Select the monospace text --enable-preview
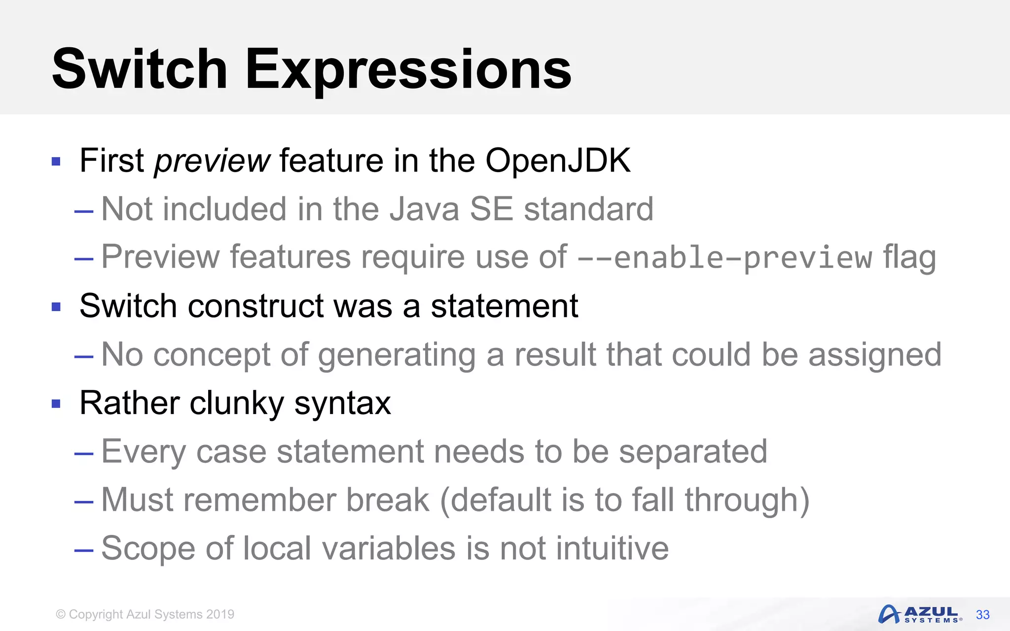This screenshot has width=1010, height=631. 724,258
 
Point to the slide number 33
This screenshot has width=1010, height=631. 982,615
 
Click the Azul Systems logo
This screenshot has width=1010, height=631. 920,614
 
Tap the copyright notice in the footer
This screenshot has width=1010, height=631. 145,614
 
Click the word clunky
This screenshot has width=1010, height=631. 237,403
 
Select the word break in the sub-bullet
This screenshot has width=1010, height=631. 388,500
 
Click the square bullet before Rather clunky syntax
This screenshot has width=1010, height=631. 56,404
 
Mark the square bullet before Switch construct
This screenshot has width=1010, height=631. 56,307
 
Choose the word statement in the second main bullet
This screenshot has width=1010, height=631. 504,306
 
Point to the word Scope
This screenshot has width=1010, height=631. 148,548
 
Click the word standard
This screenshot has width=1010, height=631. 588,209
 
